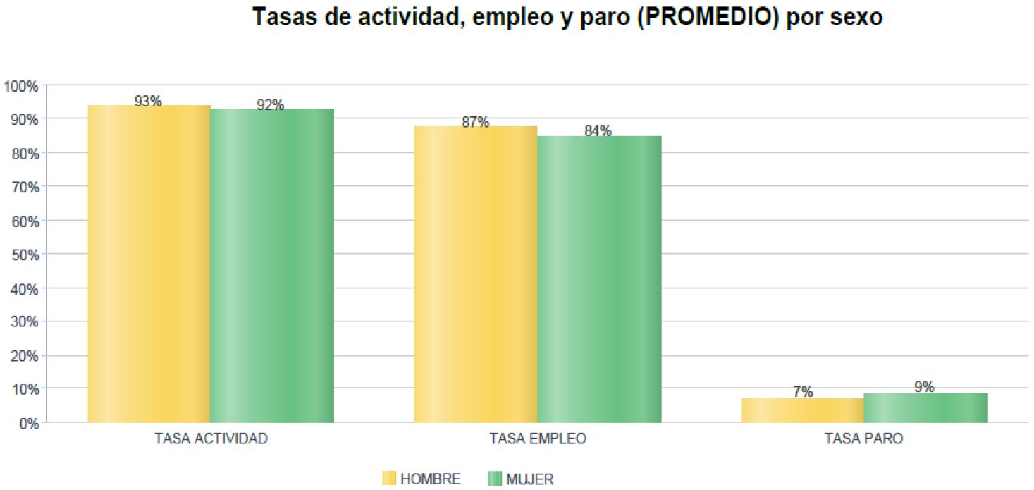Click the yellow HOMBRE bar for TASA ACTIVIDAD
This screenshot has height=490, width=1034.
pos(149,264)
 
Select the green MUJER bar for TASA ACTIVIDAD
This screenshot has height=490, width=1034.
pos(271,266)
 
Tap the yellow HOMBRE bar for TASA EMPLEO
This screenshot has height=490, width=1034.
pos(475,274)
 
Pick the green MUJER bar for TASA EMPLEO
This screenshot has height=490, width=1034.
pos(598,279)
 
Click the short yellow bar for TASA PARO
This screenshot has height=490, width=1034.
pos(802,410)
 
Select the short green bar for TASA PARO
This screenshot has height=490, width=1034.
pos(925,408)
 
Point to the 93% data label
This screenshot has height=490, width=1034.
pos(148,102)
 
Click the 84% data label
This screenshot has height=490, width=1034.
pos(598,131)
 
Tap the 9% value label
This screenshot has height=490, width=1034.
pos(923,387)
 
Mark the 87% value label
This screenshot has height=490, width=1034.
pos(475,122)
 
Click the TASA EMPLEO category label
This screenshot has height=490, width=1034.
pos(537,439)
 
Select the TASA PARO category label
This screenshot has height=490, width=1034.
pos(863,439)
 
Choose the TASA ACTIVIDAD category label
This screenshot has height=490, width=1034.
pos(211,439)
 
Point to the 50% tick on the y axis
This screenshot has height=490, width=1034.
pos(24,255)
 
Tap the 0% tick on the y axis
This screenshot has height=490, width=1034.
pos(27,424)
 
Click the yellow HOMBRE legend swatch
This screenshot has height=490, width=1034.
pos(389,479)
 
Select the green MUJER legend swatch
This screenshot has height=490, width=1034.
pos(494,479)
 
